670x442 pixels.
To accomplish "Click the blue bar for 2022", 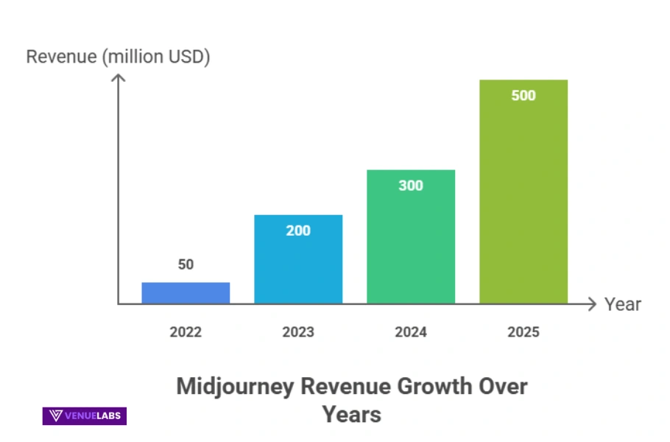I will click(186, 293).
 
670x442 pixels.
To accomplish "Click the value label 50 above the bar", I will click(186, 264).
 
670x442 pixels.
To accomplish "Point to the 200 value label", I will click(298, 231).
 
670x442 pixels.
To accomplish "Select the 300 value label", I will click(411, 186).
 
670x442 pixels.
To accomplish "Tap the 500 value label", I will click(523, 96).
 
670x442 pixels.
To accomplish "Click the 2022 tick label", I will click(186, 332).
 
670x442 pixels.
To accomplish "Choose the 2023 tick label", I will click(298, 332).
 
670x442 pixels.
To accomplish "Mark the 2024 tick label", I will click(411, 332).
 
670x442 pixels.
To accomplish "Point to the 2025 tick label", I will click(523, 332).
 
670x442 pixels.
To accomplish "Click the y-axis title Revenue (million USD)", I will click(118, 57).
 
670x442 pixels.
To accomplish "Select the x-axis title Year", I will click(623, 304).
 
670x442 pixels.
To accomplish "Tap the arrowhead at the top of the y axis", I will click(118, 77).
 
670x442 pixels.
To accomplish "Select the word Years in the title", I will click(351, 414).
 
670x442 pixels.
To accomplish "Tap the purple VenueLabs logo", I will click(85, 416).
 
